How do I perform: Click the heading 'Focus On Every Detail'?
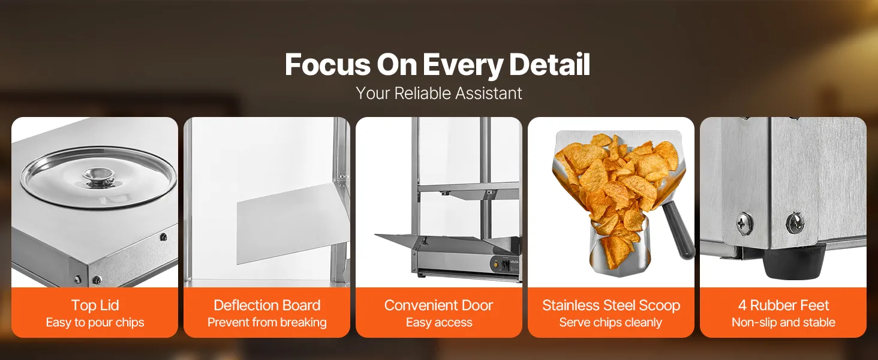pos(437,65)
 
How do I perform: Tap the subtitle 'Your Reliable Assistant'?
pos(438,94)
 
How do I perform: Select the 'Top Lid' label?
pos(95,305)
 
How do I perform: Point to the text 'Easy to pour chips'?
pos(95,322)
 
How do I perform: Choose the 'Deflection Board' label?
pos(267,305)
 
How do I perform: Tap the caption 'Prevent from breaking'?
pos(267,322)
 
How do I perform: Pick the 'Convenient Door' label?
pos(438,305)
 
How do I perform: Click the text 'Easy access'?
pos(439,322)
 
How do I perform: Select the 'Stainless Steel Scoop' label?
pos(611,305)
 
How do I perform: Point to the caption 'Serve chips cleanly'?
pos(611,322)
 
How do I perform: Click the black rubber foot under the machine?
pos(793,261)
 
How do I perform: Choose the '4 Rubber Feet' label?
pos(783,305)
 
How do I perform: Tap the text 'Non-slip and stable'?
pos(783,322)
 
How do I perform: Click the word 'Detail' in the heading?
pos(549,64)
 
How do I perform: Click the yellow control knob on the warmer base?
pos(497,265)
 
